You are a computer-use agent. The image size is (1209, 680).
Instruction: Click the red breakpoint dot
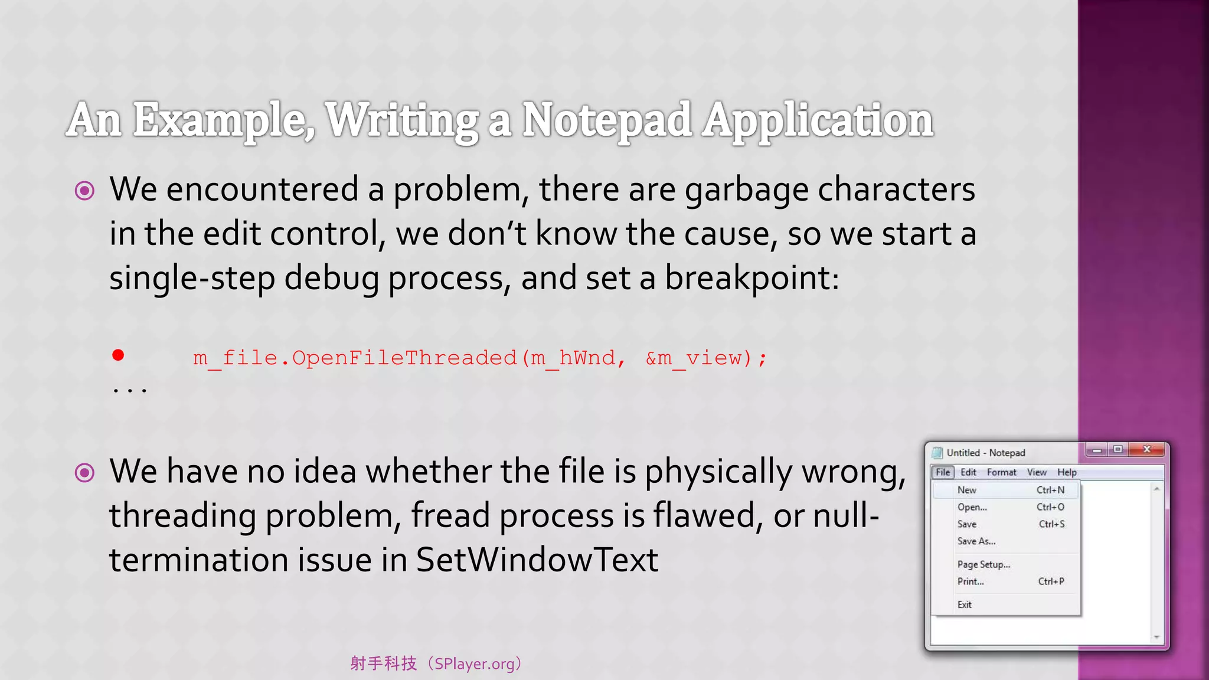[118, 355]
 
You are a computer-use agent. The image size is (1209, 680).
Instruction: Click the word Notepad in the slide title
[607, 120]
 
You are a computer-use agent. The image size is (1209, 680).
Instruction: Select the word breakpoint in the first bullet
[752, 278]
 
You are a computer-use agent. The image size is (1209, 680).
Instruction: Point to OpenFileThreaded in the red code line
[404, 358]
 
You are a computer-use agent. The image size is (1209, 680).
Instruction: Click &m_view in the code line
[694, 358]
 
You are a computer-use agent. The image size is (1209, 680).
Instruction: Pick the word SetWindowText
[537, 560]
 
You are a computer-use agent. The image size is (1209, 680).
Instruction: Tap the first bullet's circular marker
[84, 191]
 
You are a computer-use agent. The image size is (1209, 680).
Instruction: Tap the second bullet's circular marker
[84, 473]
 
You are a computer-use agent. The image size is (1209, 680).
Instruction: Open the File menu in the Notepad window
[943, 472]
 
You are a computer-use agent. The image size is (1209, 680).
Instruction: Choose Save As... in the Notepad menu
[976, 541]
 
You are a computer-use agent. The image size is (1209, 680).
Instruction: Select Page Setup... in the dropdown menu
[983, 564]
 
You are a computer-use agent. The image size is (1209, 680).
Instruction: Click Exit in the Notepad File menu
[965, 604]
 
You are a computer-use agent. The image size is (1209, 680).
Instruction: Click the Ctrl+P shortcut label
[1051, 581]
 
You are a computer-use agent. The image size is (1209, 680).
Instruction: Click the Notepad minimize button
[1096, 450]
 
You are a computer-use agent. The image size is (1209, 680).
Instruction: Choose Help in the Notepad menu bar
[1067, 472]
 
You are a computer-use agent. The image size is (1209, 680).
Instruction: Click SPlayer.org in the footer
[474, 664]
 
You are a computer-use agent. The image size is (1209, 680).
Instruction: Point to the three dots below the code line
[129, 390]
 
